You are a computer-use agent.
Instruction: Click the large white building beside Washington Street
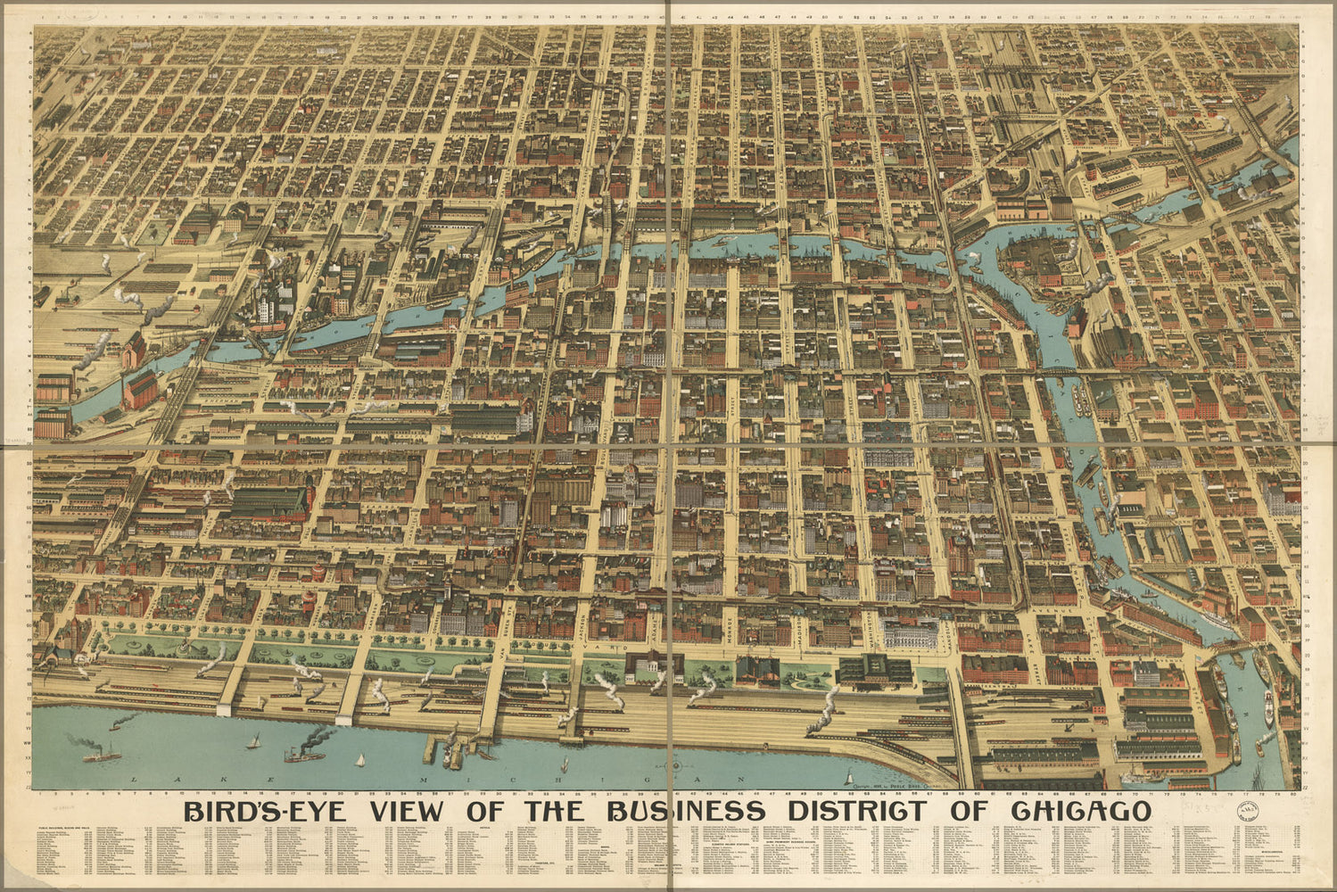click(x=910, y=634)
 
